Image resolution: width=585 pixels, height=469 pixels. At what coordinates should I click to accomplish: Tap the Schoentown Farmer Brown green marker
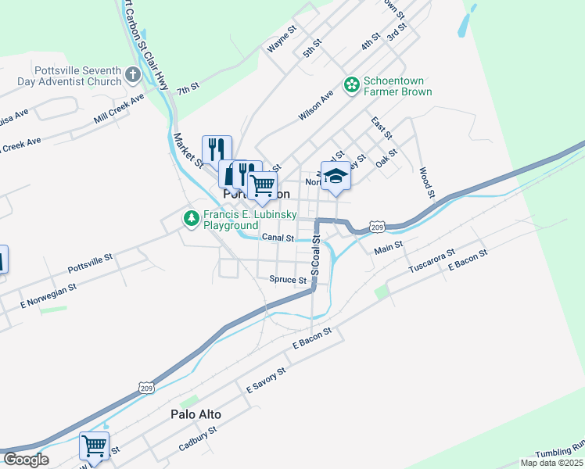(352, 84)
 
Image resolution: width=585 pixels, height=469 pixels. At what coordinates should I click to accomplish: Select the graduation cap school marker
(336, 175)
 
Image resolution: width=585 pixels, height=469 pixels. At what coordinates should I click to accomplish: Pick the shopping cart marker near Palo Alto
(94, 446)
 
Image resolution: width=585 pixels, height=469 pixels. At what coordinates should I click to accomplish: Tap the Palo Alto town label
(196, 414)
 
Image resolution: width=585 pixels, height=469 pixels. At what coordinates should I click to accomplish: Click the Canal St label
(278, 238)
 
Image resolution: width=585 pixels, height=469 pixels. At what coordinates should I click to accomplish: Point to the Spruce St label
(288, 279)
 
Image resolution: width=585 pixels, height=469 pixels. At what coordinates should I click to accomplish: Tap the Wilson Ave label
(316, 105)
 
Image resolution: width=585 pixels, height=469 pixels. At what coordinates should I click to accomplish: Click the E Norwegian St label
(48, 293)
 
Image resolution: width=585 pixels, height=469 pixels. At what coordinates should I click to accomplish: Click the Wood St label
(425, 181)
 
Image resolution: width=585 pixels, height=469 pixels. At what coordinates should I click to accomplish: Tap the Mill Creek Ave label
(119, 109)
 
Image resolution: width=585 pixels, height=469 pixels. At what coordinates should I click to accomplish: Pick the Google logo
(26, 460)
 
